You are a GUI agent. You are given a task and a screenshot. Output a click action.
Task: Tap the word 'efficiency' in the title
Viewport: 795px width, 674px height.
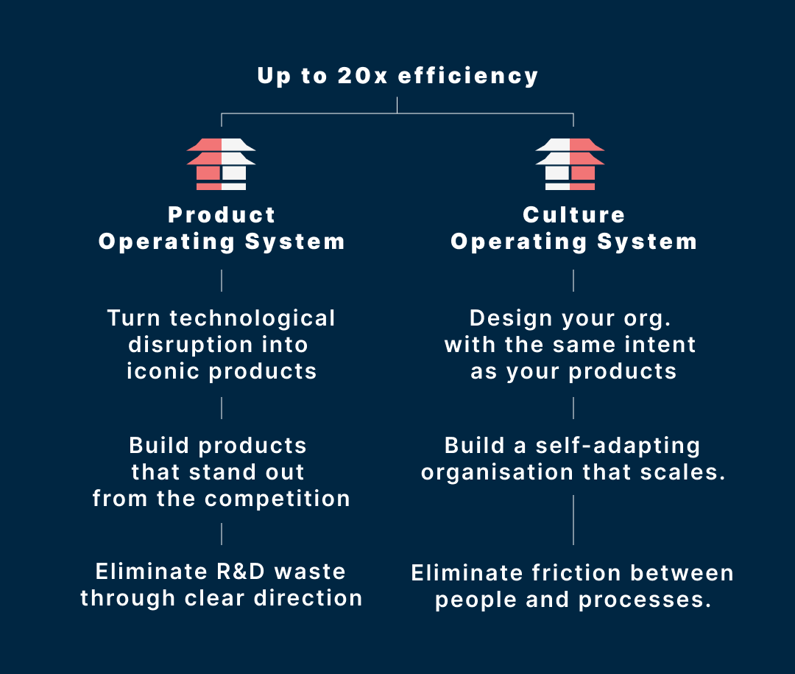pyautogui.click(x=468, y=77)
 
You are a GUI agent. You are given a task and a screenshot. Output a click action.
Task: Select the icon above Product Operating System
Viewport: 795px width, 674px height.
pyautogui.click(x=221, y=164)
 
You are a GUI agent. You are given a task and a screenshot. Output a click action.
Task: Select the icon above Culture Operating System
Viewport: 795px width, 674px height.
pyautogui.click(x=570, y=164)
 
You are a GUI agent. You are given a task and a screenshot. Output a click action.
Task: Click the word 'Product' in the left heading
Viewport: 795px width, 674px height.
pyautogui.click(x=222, y=215)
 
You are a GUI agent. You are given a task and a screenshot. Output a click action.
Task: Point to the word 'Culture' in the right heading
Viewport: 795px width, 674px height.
pyautogui.click(x=573, y=215)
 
